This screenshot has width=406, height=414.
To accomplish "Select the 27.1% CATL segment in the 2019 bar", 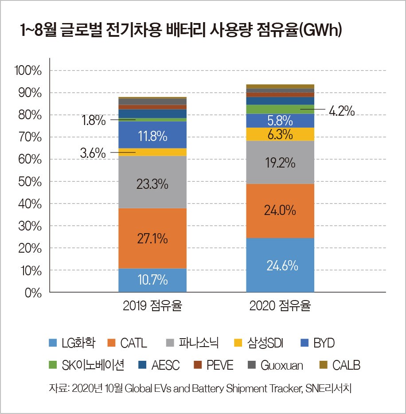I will tap(152, 238).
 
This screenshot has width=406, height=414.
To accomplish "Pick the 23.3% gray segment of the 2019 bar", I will tap(152, 184).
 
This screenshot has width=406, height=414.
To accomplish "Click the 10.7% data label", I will tap(152, 280).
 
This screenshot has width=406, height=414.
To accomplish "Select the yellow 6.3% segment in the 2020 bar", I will tap(280, 134).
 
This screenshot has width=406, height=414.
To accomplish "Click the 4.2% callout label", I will tap(341, 111).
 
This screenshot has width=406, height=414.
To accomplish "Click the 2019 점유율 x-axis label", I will tap(152, 306).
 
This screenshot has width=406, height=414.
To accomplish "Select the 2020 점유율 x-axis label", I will tap(280, 306).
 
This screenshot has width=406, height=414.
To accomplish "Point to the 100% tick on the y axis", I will tap(28, 70).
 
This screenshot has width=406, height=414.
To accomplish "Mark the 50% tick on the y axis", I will tap(30, 182).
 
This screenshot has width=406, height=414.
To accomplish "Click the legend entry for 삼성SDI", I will tap(258, 343).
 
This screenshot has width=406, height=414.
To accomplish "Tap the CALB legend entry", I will tap(340, 365).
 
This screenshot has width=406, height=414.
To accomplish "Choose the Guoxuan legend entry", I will tap(277, 365).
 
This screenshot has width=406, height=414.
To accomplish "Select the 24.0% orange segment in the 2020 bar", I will tap(280, 210).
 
